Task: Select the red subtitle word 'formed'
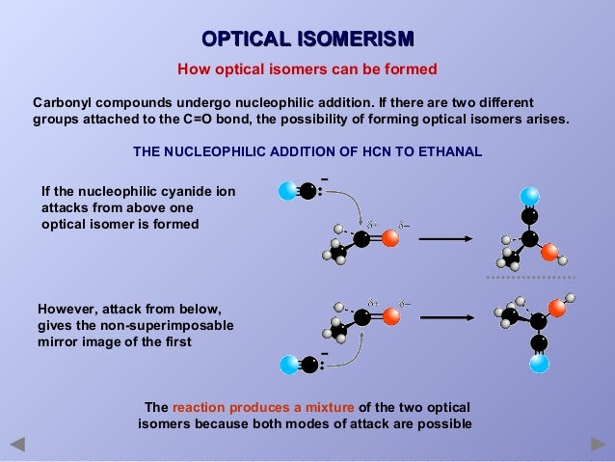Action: coord(410,69)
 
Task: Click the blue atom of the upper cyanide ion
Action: coord(286,191)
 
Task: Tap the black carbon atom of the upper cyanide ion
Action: coord(307,191)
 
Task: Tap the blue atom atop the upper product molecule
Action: coord(529,194)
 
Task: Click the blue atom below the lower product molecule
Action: coord(539,364)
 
